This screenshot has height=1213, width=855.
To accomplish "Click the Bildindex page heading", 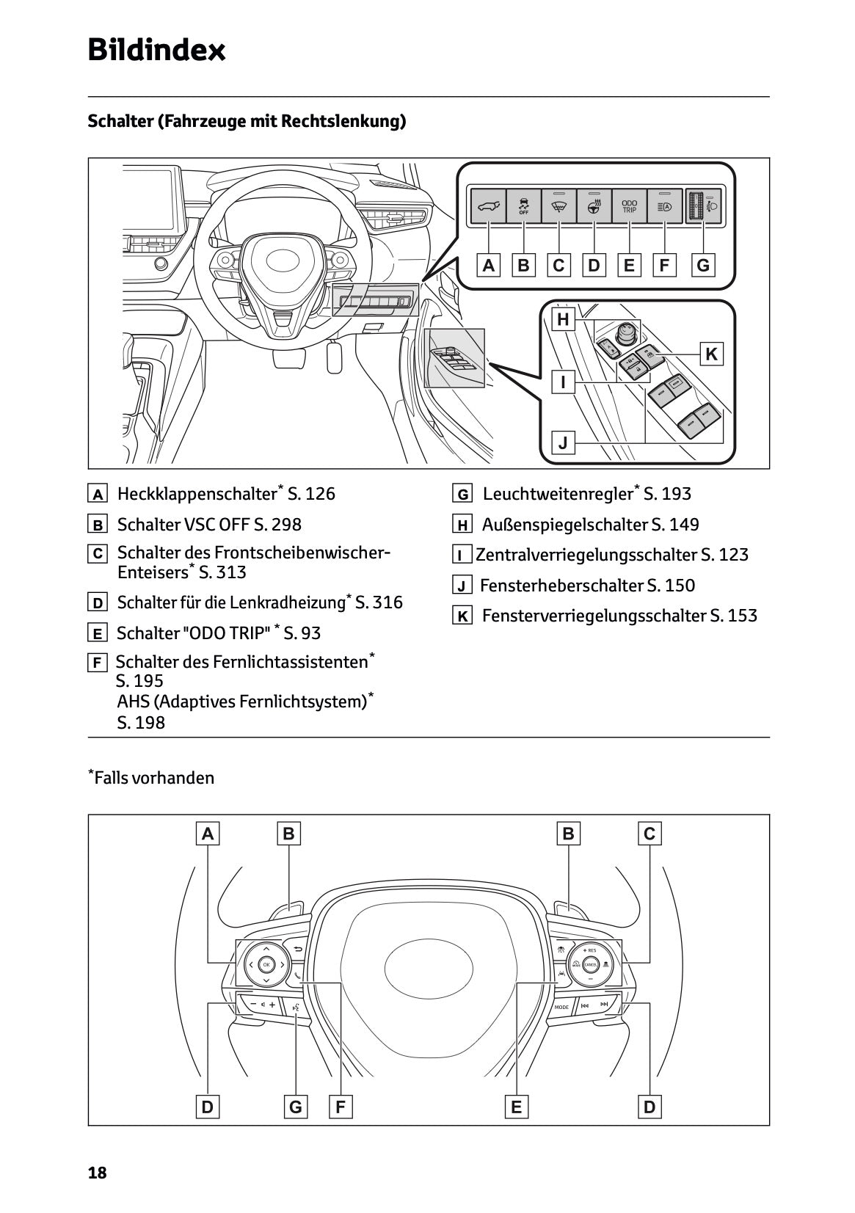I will click(x=156, y=50).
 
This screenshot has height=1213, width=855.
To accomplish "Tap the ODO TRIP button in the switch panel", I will click(x=629, y=206).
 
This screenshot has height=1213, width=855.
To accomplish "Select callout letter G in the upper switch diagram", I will click(x=703, y=265).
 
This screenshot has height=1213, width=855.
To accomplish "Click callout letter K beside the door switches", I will click(x=711, y=354).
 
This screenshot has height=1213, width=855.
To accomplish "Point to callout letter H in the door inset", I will click(x=563, y=319).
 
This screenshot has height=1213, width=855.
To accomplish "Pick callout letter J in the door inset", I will click(x=563, y=442).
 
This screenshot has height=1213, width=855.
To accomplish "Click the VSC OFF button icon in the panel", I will click(x=523, y=206).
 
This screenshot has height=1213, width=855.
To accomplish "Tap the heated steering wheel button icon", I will click(x=594, y=206).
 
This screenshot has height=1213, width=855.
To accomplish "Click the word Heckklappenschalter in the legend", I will click(x=197, y=494).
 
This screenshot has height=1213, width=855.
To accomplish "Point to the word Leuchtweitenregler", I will click(x=558, y=494).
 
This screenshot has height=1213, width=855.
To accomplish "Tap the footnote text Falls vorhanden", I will click(x=154, y=778).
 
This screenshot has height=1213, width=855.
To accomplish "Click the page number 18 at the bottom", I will click(x=97, y=1173).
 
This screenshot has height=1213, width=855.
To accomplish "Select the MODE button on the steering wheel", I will click(x=561, y=1008).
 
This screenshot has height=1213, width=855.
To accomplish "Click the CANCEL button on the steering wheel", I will click(x=589, y=964).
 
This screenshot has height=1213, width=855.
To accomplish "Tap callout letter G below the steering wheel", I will click(x=295, y=1107).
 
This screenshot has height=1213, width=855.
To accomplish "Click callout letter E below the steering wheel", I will click(x=516, y=1107).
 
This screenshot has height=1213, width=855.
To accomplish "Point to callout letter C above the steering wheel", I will click(x=650, y=834).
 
